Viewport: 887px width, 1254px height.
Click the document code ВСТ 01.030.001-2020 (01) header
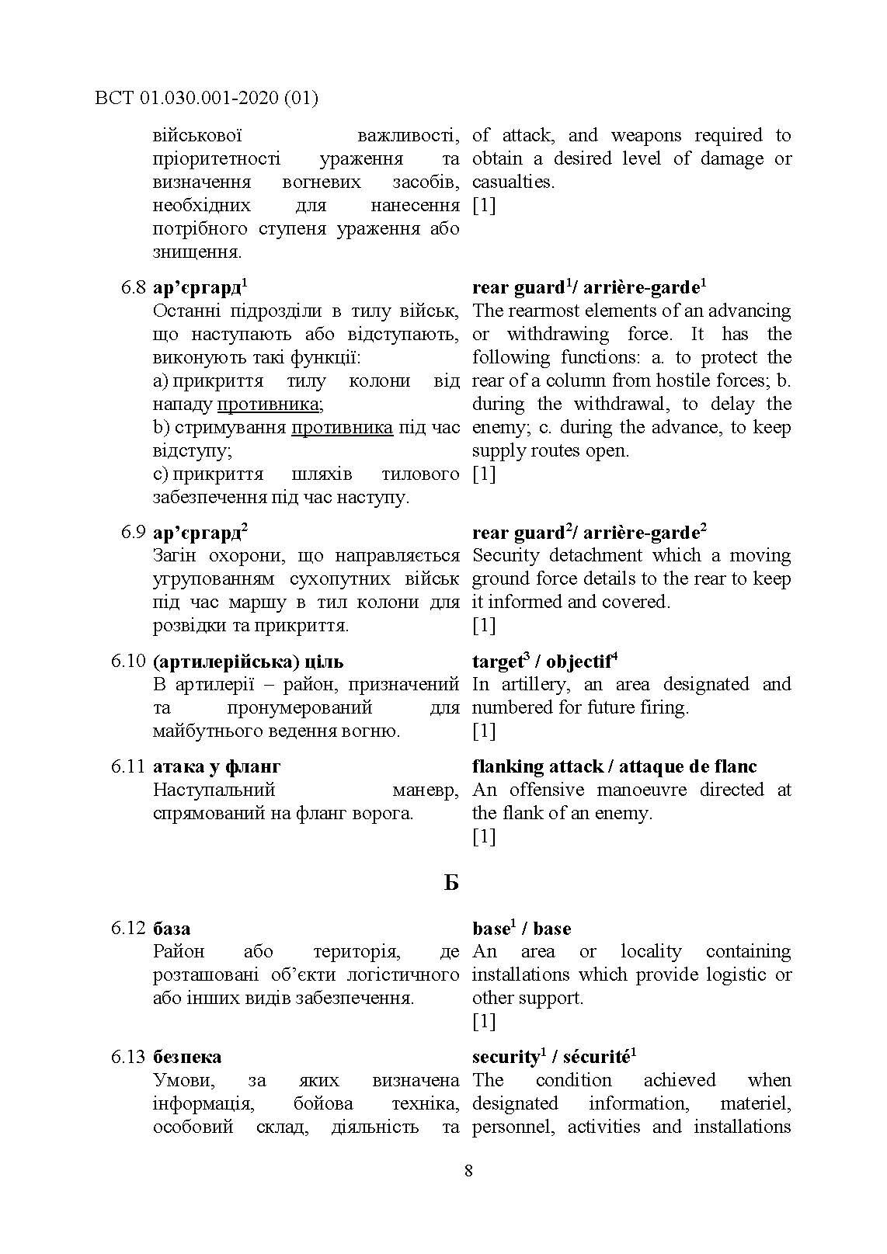(x=207, y=98)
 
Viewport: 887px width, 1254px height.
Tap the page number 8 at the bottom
(x=468, y=1171)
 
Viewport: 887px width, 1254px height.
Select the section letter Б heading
(x=451, y=883)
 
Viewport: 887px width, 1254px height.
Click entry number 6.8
(x=133, y=288)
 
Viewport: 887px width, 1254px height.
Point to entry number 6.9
(x=133, y=533)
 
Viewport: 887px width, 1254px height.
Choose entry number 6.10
(x=128, y=662)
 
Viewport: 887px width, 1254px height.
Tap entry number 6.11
(x=128, y=766)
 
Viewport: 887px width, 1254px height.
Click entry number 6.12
(x=128, y=929)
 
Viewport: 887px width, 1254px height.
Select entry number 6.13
(x=128, y=1057)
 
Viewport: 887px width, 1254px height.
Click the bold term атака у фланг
(x=217, y=766)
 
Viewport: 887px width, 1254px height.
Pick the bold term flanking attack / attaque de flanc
(x=614, y=766)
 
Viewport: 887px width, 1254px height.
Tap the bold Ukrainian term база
(x=172, y=929)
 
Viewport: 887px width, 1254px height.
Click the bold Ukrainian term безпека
(x=187, y=1057)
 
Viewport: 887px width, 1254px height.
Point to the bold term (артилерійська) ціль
(x=248, y=662)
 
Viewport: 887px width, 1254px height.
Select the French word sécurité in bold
(x=595, y=1057)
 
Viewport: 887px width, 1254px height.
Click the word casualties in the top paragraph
(x=513, y=182)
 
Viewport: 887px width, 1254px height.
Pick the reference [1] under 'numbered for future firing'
(x=484, y=731)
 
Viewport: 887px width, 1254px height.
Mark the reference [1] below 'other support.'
(x=484, y=1021)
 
